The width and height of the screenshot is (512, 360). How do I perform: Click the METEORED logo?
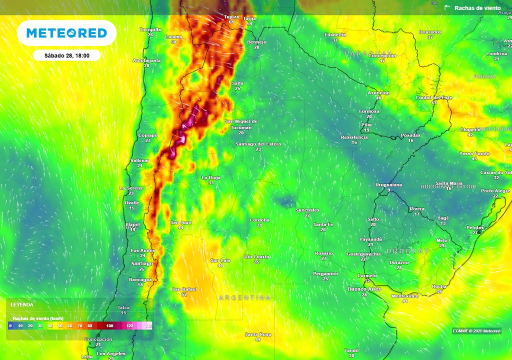(x=66, y=33)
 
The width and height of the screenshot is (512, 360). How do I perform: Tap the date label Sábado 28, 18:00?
(x=66, y=55)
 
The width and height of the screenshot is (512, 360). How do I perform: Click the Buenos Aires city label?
(x=364, y=289)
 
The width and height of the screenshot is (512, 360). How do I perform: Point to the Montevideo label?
(x=405, y=295)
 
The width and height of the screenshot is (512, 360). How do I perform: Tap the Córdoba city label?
(x=259, y=220)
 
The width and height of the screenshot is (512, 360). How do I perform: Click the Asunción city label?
(x=378, y=93)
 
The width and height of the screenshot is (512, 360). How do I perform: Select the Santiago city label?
(x=141, y=263)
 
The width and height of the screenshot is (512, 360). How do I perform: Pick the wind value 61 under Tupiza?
(x=231, y=22)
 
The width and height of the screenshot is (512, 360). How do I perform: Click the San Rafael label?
(x=184, y=289)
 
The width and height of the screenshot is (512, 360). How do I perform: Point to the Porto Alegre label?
(x=495, y=191)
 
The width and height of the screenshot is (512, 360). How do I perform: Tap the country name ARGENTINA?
(x=245, y=298)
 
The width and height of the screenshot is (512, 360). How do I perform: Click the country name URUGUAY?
(x=407, y=251)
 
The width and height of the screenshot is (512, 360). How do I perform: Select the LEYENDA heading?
(x=22, y=304)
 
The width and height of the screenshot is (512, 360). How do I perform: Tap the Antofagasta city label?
(x=146, y=60)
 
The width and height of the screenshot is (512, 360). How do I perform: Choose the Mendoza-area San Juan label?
(x=180, y=222)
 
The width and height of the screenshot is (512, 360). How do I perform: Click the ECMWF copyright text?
(x=476, y=331)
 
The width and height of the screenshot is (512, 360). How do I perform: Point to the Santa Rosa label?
(x=257, y=334)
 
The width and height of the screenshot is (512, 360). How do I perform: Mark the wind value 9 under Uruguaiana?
(x=388, y=190)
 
